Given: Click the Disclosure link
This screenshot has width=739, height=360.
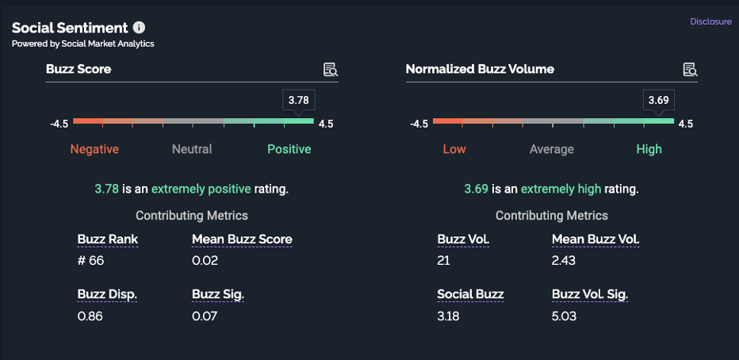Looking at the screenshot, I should pos(710,22).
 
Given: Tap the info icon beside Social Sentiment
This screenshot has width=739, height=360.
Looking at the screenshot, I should pos(140,28).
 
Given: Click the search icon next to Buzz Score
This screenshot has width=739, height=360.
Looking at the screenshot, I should pos(331,70).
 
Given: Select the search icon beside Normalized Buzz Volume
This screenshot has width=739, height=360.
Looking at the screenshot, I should pos(691,70).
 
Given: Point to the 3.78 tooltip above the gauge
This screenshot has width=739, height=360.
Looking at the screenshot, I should pos(298,100).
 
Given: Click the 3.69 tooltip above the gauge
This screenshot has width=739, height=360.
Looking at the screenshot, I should pos(658,100).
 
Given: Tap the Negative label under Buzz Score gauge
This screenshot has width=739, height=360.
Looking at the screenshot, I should pos(94,149).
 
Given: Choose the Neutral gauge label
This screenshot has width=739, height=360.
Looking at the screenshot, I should pos(192,149).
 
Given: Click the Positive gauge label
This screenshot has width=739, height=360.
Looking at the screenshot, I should pos(289,149).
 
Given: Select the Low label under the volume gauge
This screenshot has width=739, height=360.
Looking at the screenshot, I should pos(454,149).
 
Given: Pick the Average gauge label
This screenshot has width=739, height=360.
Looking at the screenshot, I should pos(552,149).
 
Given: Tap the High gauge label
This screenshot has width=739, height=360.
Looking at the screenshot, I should pos(649,149).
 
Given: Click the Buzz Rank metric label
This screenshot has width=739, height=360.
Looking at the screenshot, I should pos(108,239).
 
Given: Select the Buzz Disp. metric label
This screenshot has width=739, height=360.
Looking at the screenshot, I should pos(108,295).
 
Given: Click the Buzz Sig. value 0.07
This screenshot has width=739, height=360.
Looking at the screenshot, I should pos(205,316).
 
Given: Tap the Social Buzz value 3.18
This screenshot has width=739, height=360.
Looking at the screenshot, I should pos(450,316).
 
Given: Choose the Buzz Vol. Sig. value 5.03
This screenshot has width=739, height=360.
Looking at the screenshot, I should pos(565,316).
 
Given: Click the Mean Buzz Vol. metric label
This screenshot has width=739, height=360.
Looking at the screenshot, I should pos(595,239).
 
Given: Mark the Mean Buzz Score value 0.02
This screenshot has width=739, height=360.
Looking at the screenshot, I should pos(205,261).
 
